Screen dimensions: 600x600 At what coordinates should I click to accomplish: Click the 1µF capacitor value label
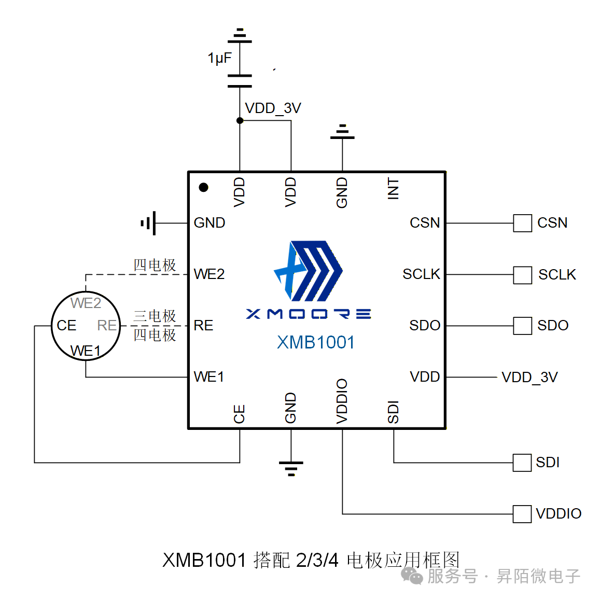[x=219, y=58]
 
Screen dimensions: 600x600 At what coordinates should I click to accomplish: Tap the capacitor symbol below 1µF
[x=240, y=81]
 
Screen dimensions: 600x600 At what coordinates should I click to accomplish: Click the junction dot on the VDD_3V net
[x=240, y=121]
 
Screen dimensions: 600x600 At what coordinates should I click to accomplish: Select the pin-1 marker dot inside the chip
[x=204, y=187]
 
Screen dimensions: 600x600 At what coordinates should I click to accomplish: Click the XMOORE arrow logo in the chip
[x=308, y=271]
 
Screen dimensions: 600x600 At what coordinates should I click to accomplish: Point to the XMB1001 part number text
[x=316, y=342]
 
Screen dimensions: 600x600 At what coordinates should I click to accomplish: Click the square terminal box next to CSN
[x=522, y=224]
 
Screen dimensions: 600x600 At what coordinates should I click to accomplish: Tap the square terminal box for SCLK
[x=522, y=275]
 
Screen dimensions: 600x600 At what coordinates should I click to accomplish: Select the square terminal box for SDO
[x=522, y=326]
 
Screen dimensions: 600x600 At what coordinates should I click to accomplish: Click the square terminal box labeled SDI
[x=522, y=463]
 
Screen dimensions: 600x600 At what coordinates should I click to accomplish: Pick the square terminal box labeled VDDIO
[x=522, y=514]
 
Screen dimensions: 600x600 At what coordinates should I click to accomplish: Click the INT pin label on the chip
[x=394, y=189]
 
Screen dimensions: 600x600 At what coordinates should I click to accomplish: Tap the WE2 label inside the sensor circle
[x=86, y=303]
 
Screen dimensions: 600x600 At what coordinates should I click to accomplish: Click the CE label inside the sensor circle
[x=66, y=326]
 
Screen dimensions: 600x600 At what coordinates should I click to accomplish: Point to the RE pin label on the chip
[x=203, y=326]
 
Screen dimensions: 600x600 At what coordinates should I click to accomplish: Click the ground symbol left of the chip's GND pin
[x=148, y=224]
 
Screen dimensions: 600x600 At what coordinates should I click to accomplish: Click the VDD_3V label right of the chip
[x=529, y=378]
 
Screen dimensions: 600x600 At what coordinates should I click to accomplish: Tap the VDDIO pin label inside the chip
[x=342, y=401]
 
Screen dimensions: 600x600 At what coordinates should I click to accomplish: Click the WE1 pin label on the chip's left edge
[x=208, y=377]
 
